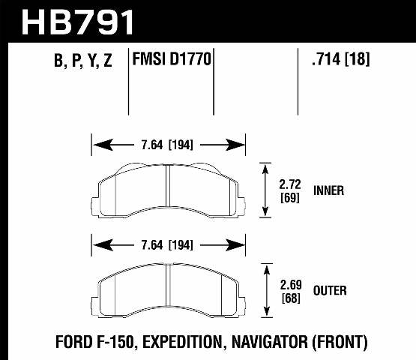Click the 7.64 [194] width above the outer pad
pyautogui.click(x=169, y=244)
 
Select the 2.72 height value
pyautogui.click(x=289, y=184)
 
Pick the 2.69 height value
pyautogui.click(x=289, y=283)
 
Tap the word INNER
pyautogui.click(x=328, y=190)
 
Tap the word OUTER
pyautogui.click(x=330, y=290)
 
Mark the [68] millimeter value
pyautogui.click(x=289, y=297)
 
